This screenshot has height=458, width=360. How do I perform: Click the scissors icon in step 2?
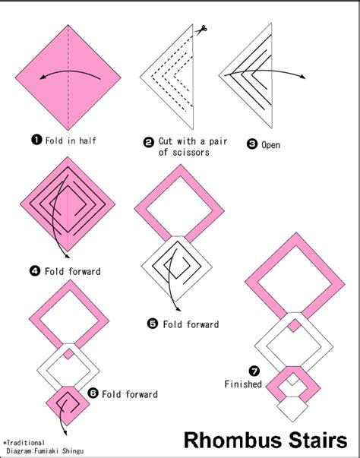203,30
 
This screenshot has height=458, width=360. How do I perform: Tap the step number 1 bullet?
35,140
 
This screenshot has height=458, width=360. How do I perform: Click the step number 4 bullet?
35,270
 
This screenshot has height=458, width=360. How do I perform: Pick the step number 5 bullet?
152,324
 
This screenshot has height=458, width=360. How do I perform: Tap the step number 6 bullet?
93,393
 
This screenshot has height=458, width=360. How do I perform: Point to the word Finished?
243,384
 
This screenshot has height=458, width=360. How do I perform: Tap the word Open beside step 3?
271,145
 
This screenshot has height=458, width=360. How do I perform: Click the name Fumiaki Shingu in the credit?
66,451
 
